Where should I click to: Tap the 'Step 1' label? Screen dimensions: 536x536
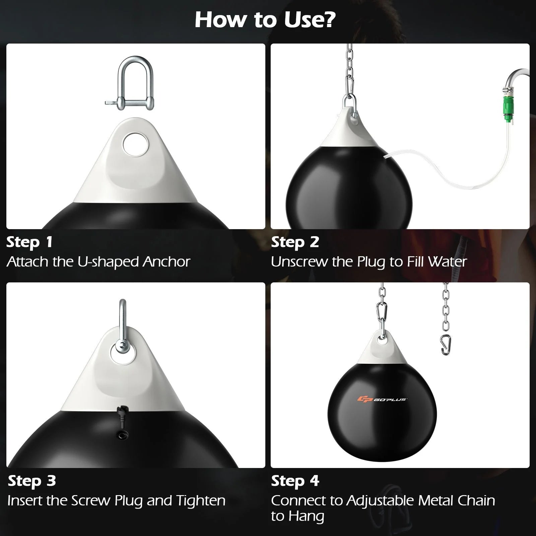point(29,242)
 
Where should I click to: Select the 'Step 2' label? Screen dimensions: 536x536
point(295,242)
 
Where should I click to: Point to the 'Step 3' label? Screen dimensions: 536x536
point(32,481)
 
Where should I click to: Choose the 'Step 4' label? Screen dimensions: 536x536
point(295,481)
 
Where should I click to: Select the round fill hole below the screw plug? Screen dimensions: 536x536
point(121,434)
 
